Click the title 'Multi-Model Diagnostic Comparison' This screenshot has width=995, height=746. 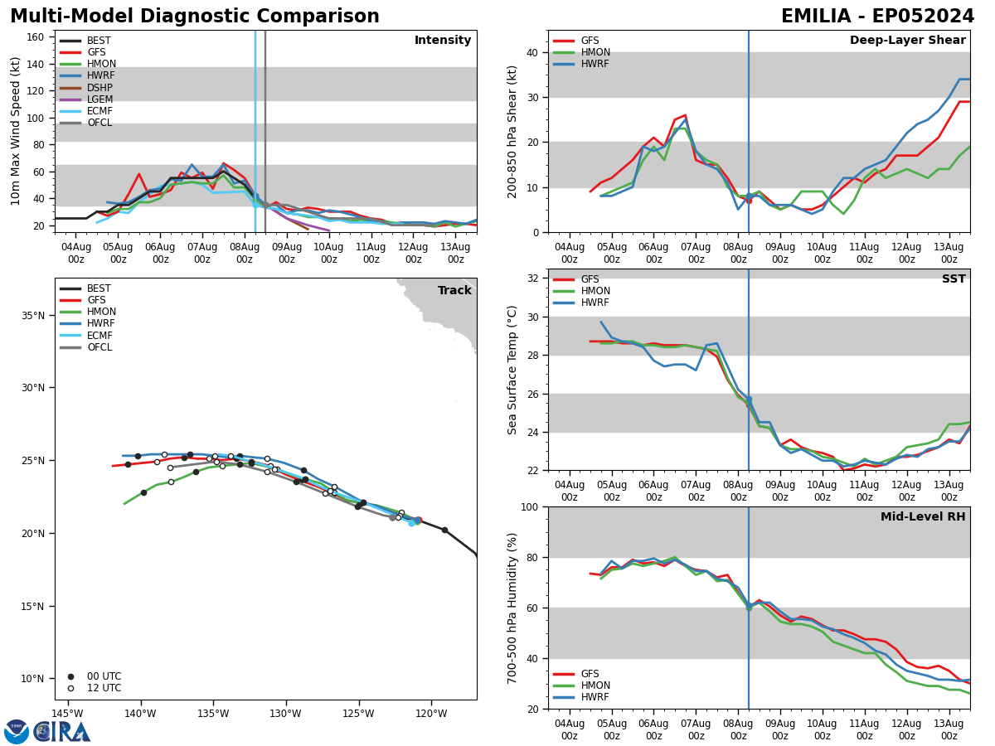pos(194,17)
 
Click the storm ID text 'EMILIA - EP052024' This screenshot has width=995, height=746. pos(877,17)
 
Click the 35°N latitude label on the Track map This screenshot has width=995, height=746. pos(32,315)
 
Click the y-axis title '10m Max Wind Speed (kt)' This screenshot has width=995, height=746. pos(16,131)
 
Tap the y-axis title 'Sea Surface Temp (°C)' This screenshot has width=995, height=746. pos(512,370)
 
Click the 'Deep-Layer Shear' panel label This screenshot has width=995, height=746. pos(907,41)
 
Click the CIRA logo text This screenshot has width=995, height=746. pos(63,732)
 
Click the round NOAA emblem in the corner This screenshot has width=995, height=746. pos(17,732)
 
